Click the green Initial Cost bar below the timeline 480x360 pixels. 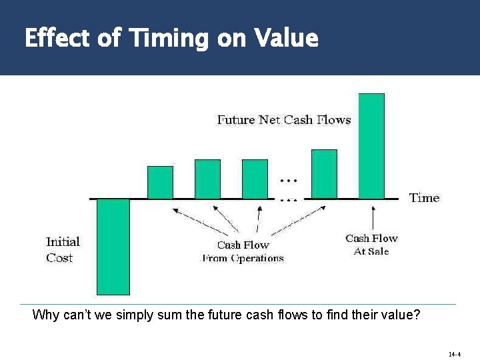point(113,247)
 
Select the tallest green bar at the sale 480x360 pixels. point(371,146)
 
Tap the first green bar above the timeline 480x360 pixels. point(160,182)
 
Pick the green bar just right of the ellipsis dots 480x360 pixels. point(324,174)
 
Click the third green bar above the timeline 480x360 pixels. point(255,179)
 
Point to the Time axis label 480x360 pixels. point(424,198)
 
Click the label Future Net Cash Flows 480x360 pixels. point(284,120)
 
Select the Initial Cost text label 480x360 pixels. point(63,249)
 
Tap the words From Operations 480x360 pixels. point(243,259)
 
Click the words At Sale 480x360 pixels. point(371,251)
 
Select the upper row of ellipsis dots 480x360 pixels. point(288,181)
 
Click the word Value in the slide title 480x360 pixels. point(285,38)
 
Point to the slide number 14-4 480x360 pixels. point(455,354)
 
